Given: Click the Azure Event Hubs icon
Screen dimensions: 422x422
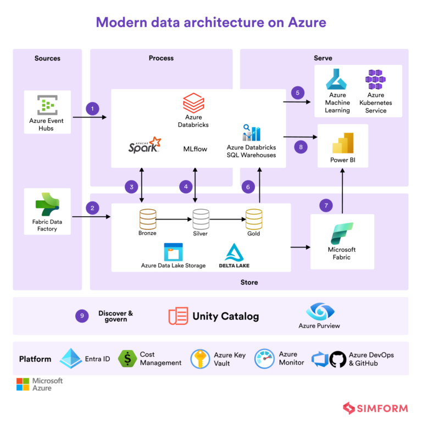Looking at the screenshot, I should coord(47,105).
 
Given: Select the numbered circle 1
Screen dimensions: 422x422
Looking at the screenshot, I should coord(92,109).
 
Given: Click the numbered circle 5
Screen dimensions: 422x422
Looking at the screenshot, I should coord(298,92).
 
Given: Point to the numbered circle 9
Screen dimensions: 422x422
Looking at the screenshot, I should coord(82,316).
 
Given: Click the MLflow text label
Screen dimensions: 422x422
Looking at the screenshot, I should coord(195,149).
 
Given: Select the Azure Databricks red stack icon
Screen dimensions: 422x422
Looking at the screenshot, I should coord(193,103).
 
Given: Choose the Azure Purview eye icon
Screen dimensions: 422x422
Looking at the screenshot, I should coord(319,311).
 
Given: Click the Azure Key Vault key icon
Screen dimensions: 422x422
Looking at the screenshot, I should coord(201,359).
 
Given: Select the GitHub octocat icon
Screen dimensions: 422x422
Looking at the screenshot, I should coord(338,359).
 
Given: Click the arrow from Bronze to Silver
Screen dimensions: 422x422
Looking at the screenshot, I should coord(174,220).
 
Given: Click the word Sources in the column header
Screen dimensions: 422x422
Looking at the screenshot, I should coord(47,58).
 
